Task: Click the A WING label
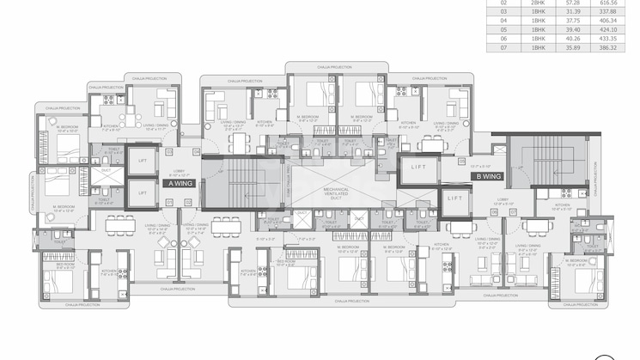(x=180, y=183)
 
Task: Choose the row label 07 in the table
(x=503, y=47)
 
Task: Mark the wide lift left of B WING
(x=418, y=167)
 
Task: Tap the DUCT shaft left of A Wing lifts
(x=106, y=170)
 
